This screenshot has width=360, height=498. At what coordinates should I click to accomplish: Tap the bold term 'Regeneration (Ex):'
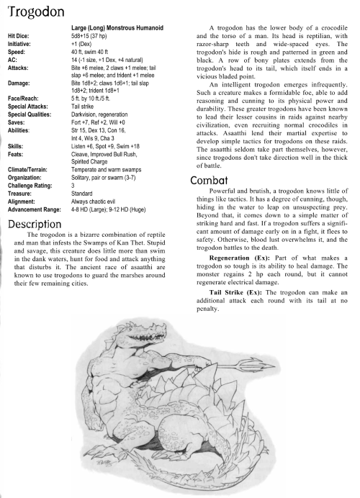(x=240, y=257)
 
